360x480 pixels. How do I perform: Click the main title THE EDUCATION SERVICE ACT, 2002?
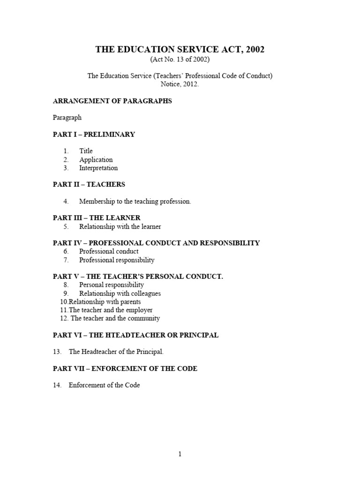[180, 49]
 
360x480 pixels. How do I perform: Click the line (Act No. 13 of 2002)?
[180, 60]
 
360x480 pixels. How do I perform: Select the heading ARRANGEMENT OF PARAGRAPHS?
[112, 101]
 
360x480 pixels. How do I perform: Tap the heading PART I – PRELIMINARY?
[94, 134]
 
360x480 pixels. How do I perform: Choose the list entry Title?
[86, 151]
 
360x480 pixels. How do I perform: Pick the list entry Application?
[96, 159]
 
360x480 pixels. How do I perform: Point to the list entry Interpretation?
[98, 168]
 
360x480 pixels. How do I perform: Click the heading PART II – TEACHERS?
[89, 184]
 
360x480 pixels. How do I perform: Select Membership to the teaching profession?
[135, 201]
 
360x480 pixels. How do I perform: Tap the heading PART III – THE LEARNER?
[97, 218]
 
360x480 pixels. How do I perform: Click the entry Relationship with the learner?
[120, 226]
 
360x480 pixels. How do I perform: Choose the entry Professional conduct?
[109, 251]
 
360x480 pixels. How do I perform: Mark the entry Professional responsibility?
[117, 260]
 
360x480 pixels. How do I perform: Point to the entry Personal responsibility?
[112, 285]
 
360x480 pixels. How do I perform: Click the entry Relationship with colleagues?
[120, 293]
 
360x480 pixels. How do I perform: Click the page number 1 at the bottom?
[180, 454]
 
